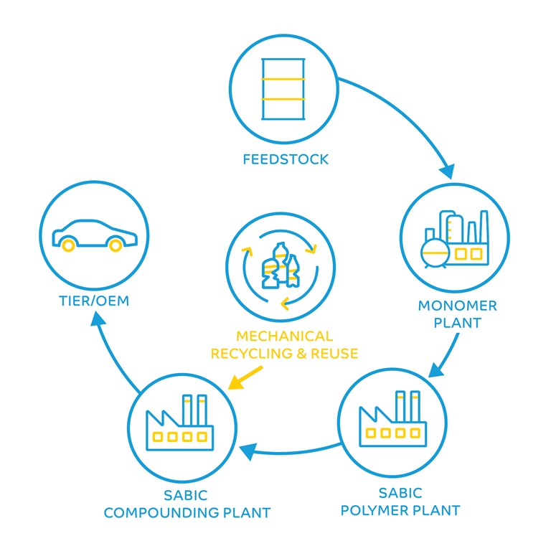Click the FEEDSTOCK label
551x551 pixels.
pos(285,159)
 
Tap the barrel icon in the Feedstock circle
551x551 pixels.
pos(283,88)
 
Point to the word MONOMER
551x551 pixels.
pos(457,306)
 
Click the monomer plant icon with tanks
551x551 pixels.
pos(455,237)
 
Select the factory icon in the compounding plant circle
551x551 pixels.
pos(182,424)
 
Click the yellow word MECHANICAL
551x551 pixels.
pos(285,336)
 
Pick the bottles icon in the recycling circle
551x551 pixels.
pos(281,265)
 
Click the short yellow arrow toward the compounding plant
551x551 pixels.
pos(245,378)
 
